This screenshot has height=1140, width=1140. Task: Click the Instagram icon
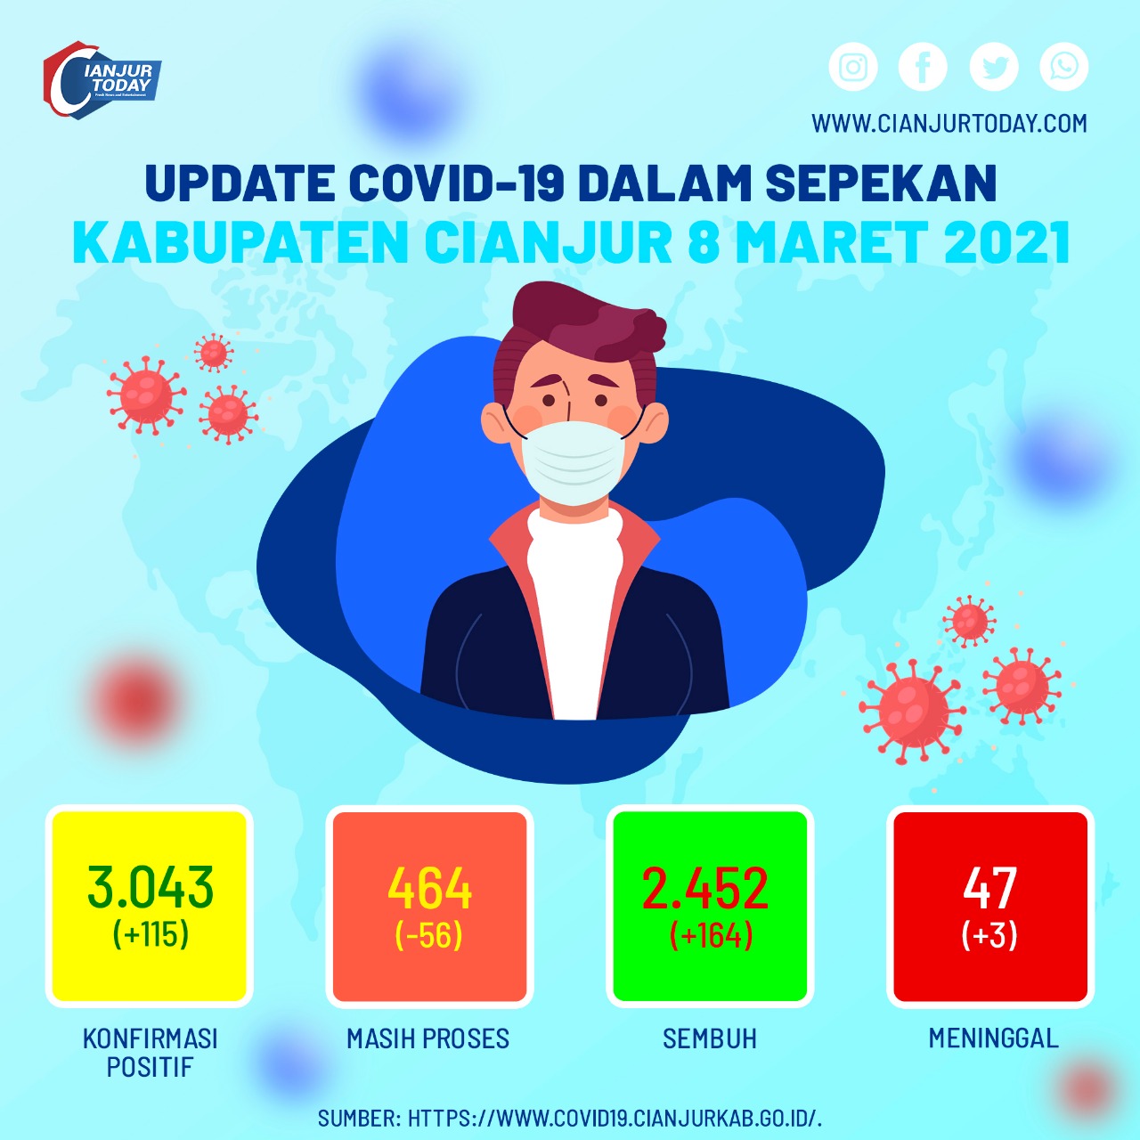852,67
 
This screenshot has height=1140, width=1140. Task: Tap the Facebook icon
923,67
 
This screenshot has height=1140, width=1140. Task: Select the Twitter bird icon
994,67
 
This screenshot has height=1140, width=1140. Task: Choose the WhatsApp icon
1064,67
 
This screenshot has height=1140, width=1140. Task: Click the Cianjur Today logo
102,80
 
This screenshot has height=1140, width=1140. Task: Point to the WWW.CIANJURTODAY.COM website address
949,123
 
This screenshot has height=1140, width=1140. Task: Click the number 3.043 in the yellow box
151,887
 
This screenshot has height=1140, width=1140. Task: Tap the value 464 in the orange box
430,887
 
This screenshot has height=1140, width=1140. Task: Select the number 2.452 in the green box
705,887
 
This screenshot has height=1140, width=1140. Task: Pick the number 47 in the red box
990,887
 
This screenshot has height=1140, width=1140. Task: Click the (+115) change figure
151,934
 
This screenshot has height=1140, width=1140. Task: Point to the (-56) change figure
429,935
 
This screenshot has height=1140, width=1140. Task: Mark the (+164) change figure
711,935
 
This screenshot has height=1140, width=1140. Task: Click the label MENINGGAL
994,1038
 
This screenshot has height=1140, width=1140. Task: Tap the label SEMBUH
710,1038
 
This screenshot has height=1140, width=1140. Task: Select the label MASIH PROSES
427,1038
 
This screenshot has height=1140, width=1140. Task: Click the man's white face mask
573,462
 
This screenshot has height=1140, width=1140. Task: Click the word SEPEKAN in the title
881,183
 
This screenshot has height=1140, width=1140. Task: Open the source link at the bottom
570,1119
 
